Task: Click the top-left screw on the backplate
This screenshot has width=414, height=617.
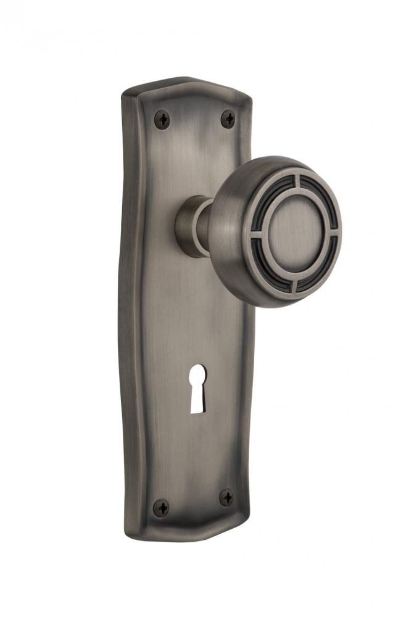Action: point(162,118)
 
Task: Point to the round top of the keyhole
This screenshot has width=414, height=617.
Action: point(197,380)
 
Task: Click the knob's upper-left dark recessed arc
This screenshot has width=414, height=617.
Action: point(270,199)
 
